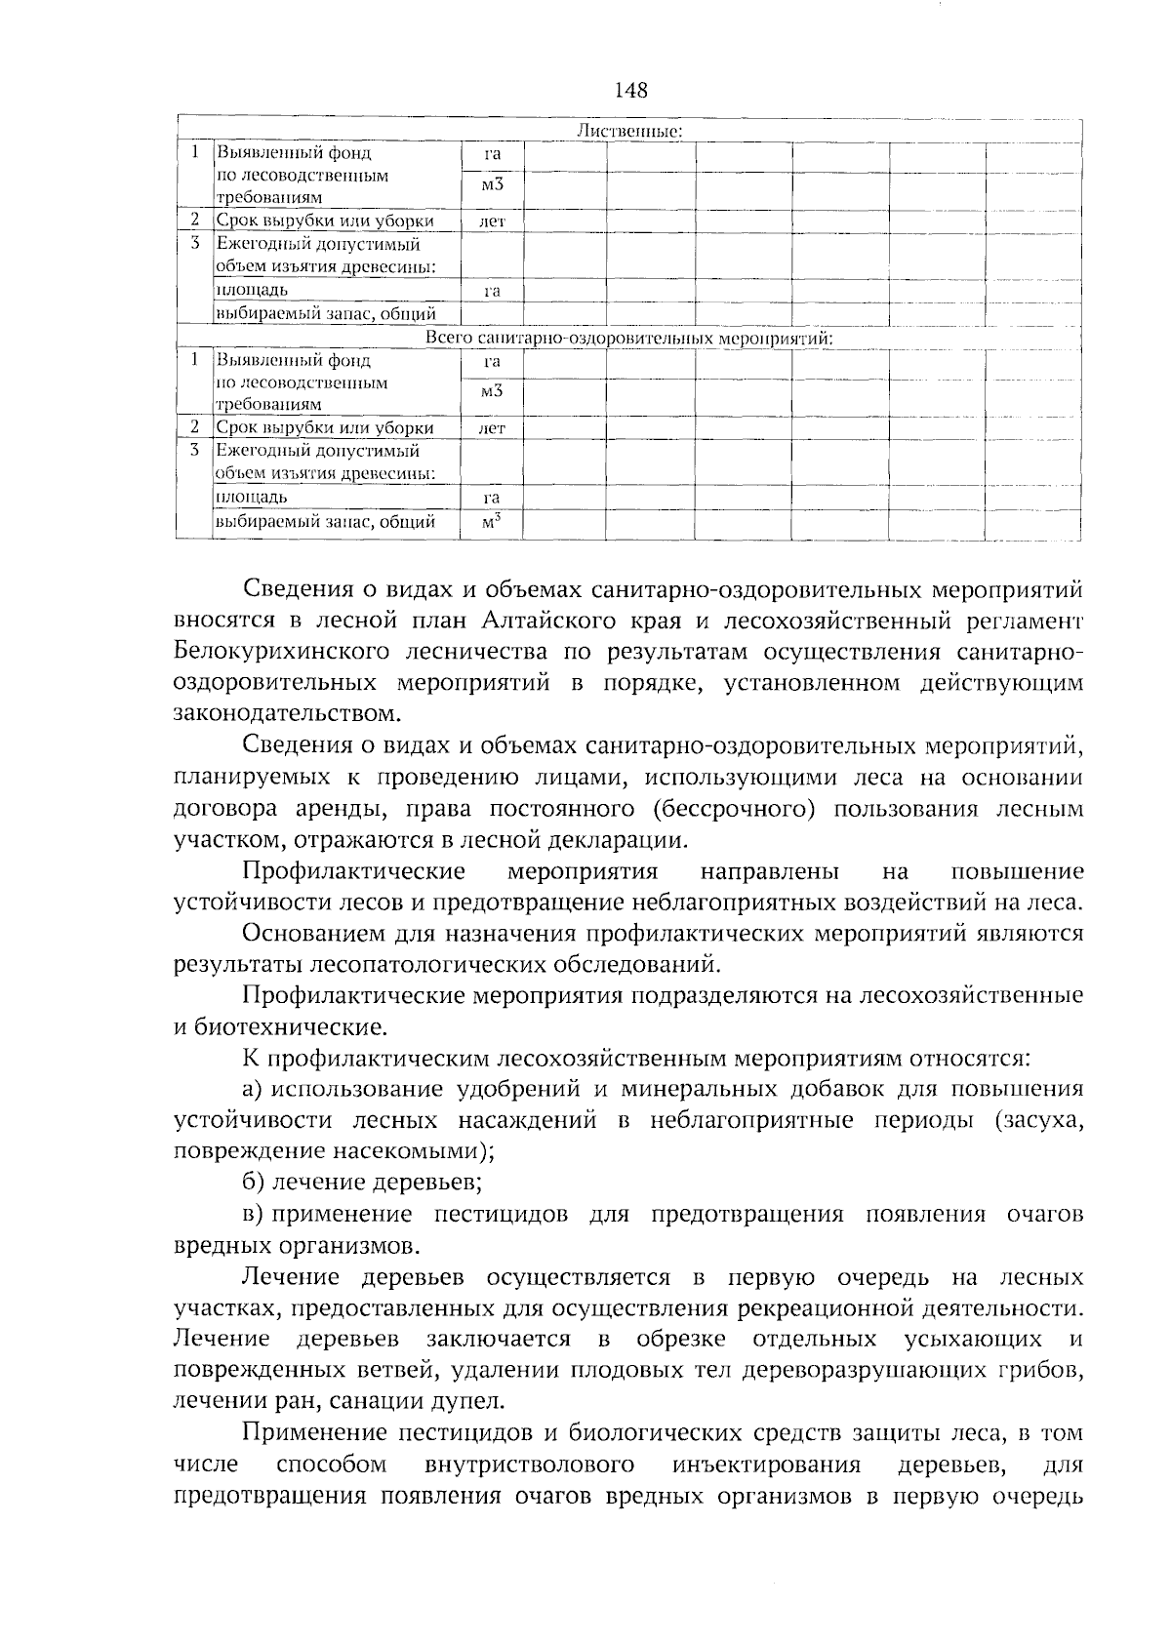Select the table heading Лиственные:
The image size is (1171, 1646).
pyautogui.click(x=629, y=132)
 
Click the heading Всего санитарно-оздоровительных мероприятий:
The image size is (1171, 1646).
pyautogui.click(x=630, y=339)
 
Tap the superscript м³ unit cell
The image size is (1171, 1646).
pyautogui.click(x=492, y=522)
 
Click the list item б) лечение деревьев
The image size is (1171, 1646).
pyautogui.click(x=362, y=1184)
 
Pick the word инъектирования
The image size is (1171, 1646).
pyautogui.click(x=767, y=1465)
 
